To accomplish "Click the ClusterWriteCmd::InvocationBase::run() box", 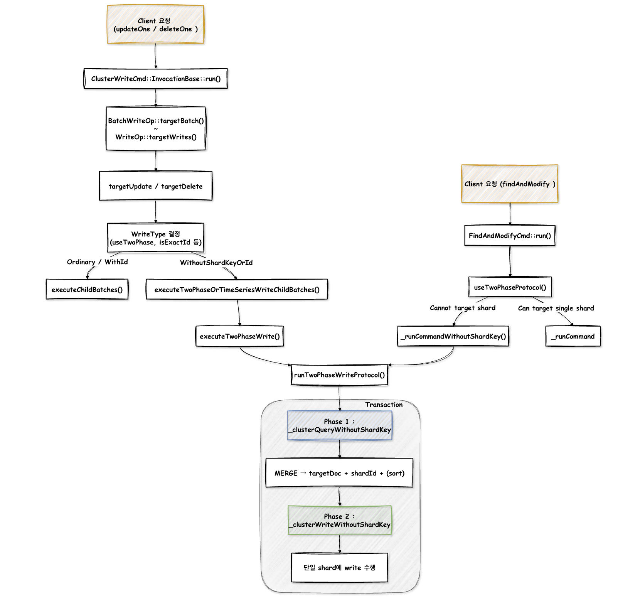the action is pos(156,79).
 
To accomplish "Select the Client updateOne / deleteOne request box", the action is pos(155,24).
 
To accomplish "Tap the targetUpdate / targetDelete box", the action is pos(156,186).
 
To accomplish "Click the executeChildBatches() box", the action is pos(87,289).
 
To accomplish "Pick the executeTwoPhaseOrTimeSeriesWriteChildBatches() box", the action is pos(237,289).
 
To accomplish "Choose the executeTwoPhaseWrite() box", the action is pos(239,336).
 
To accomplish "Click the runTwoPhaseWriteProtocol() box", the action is pos(339,375).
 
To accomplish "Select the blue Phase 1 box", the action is pos(340,425).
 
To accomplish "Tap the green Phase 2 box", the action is pos(340,520).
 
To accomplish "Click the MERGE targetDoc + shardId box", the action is pos(339,473).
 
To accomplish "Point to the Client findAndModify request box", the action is pos(510,184).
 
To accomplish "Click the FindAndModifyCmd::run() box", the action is pos(510,235).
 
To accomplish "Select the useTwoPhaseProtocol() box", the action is pos(510,287).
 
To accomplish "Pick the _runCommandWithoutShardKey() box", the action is pos(453,336).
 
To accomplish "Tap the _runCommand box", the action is pos(573,336).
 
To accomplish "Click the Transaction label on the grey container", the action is pos(384,405).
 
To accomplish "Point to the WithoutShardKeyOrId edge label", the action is pos(216,263).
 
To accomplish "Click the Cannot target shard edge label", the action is pos(463,308).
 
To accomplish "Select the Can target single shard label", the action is pos(556,308).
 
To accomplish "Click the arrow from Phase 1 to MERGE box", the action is pos(340,449).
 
